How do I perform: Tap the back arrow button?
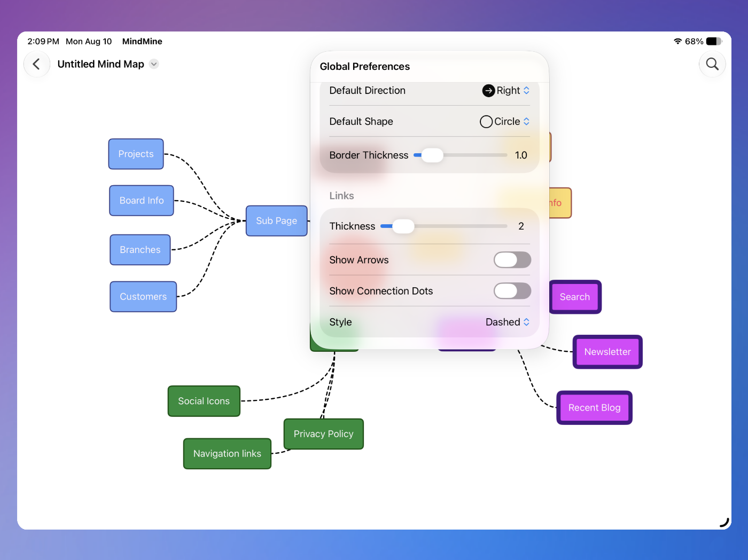point(36,64)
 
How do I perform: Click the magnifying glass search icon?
point(712,64)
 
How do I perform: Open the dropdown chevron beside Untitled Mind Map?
point(154,64)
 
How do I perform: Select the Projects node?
point(136,154)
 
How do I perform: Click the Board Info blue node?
point(142,201)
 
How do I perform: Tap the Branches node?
point(140,249)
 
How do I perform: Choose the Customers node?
point(143,296)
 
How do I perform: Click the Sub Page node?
point(276,220)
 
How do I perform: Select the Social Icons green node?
point(204,401)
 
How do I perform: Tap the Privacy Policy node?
point(323,433)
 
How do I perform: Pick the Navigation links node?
point(227,453)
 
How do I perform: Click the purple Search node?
point(575,297)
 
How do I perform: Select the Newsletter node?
point(607,352)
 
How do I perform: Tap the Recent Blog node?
point(594,407)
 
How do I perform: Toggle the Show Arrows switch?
point(512,260)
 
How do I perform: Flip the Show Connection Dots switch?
point(512,291)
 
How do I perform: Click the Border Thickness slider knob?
point(432,155)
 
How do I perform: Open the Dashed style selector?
point(508,322)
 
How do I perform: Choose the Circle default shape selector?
point(505,122)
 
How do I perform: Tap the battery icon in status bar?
point(714,41)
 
